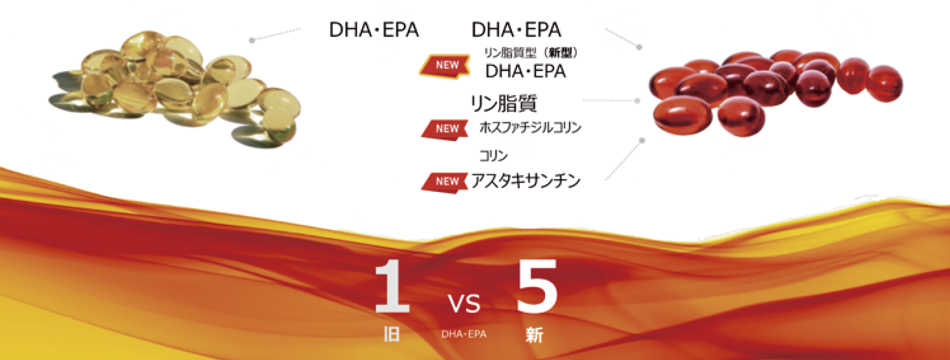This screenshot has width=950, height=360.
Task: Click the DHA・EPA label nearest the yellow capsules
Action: pyautogui.click(x=374, y=30)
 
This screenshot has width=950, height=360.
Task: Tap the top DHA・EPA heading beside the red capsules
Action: pyautogui.click(x=516, y=30)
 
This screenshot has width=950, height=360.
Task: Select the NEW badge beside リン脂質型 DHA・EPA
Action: pyautogui.click(x=446, y=65)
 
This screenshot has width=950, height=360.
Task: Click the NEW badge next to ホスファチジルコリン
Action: pyautogui.click(x=445, y=128)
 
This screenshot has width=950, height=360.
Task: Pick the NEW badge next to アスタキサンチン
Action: pyautogui.click(x=445, y=181)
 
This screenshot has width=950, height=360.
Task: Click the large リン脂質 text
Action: pyautogui.click(x=504, y=103)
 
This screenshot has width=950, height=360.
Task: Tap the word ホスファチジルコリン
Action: pyautogui.click(x=531, y=127)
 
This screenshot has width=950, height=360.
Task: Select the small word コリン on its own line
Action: pyautogui.click(x=493, y=156)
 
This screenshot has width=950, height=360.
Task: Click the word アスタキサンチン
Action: pyautogui.click(x=526, y=181)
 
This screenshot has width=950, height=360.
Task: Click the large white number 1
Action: pyautogui.click(x=392, y=286)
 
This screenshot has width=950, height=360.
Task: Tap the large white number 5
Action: pyautogui.click(x=537, y=286)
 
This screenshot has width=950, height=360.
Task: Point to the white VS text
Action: pyautogui.click(x=464, y=304)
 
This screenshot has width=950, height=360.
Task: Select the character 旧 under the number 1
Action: pyautogui.click(x=391, y=334)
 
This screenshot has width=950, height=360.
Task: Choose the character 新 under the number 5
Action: pyautogui.click(x=535, y=335)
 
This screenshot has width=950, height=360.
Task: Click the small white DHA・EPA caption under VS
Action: pyautogui.click(x=464, y=334)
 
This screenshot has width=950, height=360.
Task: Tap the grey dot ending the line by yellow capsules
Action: pyautogui.click(x=252, y=40)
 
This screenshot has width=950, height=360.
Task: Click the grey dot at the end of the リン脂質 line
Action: pyautogui.click(x=638, y=101)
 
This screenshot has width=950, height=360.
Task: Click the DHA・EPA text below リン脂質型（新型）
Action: pyautogui.click(x=526, y=71)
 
